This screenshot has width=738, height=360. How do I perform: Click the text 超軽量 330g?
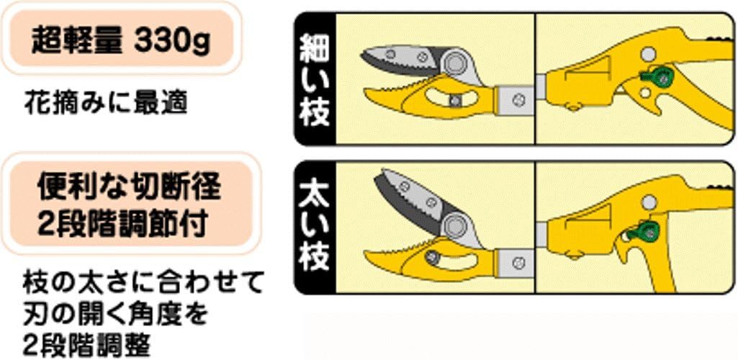click(120, 42)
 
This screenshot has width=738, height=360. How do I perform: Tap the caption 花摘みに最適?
click(105, 104)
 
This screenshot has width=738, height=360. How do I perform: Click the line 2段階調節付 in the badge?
click(122, 226)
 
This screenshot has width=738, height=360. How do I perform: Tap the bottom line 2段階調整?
click(86, 346)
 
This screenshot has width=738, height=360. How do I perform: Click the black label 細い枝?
click(315, 79)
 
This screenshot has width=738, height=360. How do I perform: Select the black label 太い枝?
click(315, 228)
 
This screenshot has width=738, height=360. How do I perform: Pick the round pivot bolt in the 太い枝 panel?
click(454, 225)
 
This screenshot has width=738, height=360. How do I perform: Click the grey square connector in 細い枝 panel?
click(516, 100)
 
